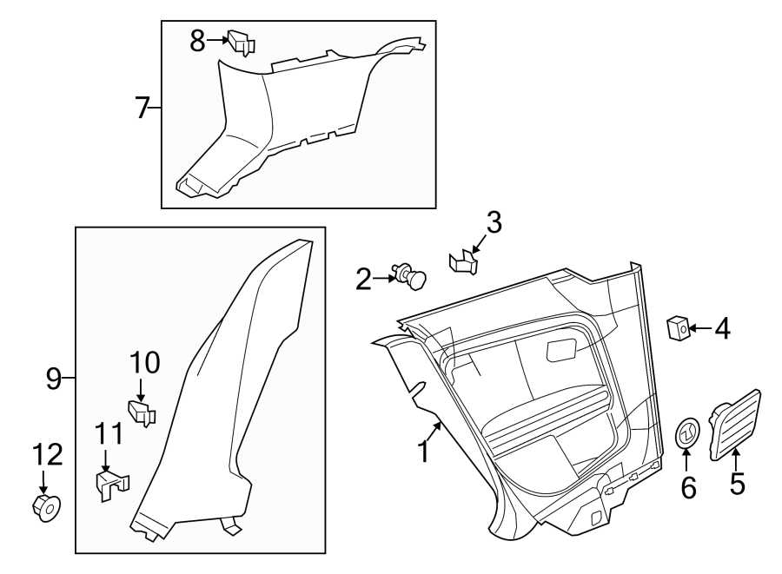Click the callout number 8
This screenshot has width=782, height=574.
[x=197, y=39]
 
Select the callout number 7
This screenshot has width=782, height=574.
[x=143, y=109]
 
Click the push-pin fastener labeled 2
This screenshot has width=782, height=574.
[x=409, y=276]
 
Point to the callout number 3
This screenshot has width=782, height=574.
[x=494, y=223]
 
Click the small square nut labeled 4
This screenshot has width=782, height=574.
[x=679, y=328]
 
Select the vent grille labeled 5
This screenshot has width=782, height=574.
[x=735, y=425]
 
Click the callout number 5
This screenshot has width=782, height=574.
[x=737, y=483]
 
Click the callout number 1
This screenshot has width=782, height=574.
[x=424, y=452]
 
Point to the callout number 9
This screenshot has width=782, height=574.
[x=54, y=378]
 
